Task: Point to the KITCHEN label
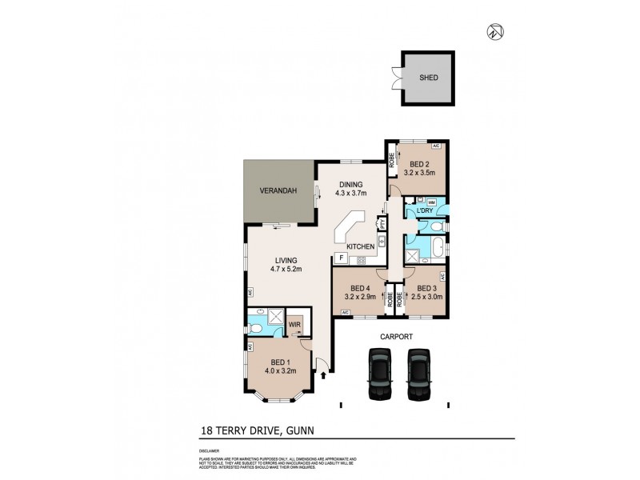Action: tap(361, 246)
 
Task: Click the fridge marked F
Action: tap(342, 258)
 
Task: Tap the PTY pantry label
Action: tap(382, 226)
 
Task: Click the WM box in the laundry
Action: tap(431, 202)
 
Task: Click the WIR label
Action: tap(294, 326)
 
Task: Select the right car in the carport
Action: tap(419, 375)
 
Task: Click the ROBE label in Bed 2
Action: tap(392, 162)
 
